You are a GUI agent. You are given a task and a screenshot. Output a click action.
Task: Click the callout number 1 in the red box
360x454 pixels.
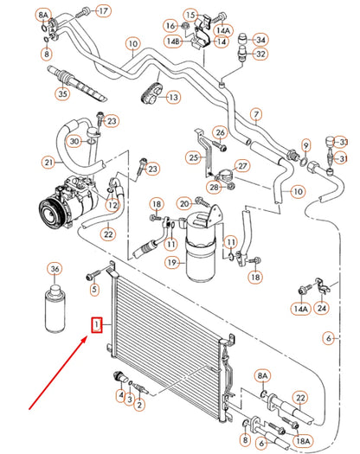point(98,325)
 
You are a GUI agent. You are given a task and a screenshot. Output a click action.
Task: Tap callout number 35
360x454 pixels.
point(61,93)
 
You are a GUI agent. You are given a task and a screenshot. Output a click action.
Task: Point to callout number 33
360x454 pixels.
point(343,142)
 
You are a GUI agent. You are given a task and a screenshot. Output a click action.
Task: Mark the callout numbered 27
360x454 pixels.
point(241,166)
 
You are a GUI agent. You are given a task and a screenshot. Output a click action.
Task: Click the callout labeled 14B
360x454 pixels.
point(175,41)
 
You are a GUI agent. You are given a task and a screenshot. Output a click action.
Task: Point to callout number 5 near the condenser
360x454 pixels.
point(94,290)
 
